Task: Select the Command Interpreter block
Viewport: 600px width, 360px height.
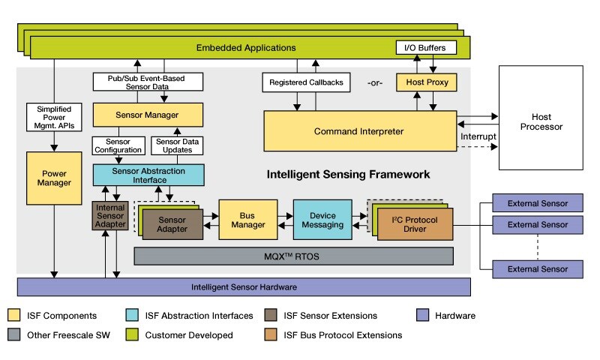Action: (360, 132)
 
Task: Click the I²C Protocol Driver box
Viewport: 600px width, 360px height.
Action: (415, 223)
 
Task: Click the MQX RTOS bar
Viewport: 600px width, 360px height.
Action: (293, 256)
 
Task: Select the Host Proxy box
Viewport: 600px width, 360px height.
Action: (426, 82)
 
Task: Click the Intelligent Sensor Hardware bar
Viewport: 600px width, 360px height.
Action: (243, 286)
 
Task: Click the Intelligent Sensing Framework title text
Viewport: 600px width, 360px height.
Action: (348, 174)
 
